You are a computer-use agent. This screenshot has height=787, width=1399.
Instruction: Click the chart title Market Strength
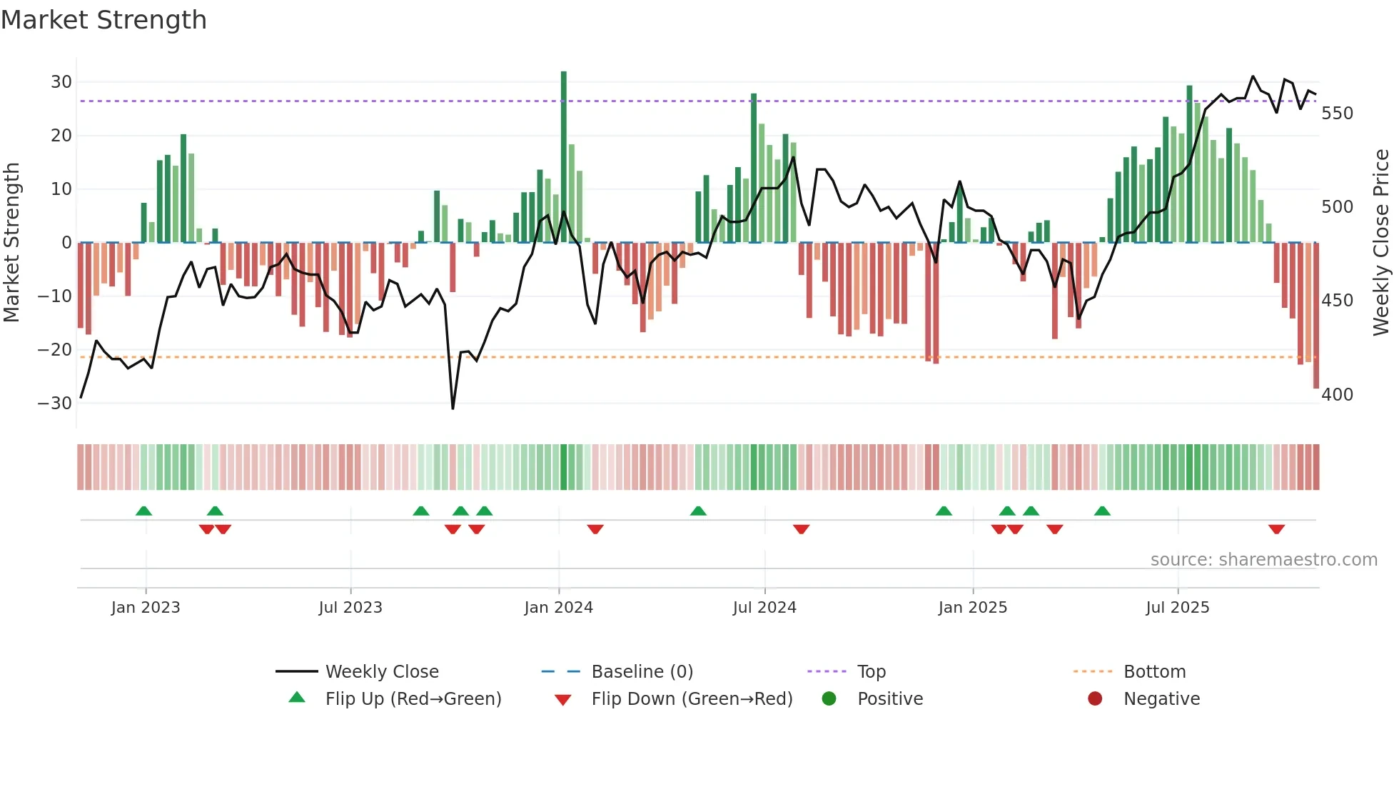tap(103, 20)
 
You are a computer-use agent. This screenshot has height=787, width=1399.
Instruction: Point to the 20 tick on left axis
tap(61, 136)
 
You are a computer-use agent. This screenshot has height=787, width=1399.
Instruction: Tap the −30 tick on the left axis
tap(56, 403)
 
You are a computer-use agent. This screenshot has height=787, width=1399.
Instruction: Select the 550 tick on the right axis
tap(1337, 114)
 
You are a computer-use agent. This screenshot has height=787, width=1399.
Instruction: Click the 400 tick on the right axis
tap(1337, 395)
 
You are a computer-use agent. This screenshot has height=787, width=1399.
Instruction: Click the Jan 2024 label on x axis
tap(558, 608)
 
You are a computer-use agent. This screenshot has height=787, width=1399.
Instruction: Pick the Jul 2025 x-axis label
tap(1177, 608)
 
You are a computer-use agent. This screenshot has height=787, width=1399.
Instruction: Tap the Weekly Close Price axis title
tap(1381, 243)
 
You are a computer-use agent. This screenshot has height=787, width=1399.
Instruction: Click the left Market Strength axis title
tap(11, 243)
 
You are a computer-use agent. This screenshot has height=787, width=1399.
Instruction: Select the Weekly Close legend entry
tap(382, 672)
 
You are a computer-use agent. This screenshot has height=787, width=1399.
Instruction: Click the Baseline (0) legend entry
tap(642, 672)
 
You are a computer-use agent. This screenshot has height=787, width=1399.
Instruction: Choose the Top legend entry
tap(871, 672)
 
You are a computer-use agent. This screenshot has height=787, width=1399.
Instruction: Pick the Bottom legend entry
tap(1154, 672)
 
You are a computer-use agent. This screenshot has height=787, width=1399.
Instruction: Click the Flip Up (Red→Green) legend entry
tap(413, 699)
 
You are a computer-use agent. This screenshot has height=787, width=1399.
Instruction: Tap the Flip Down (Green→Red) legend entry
tap(692, 699)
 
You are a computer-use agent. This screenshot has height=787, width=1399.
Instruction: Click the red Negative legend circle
tap(1094, 699)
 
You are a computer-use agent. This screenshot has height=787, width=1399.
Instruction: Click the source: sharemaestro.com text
tap(1263, 560)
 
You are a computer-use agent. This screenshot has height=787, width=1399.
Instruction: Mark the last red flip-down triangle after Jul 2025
tap(1276, 529)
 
